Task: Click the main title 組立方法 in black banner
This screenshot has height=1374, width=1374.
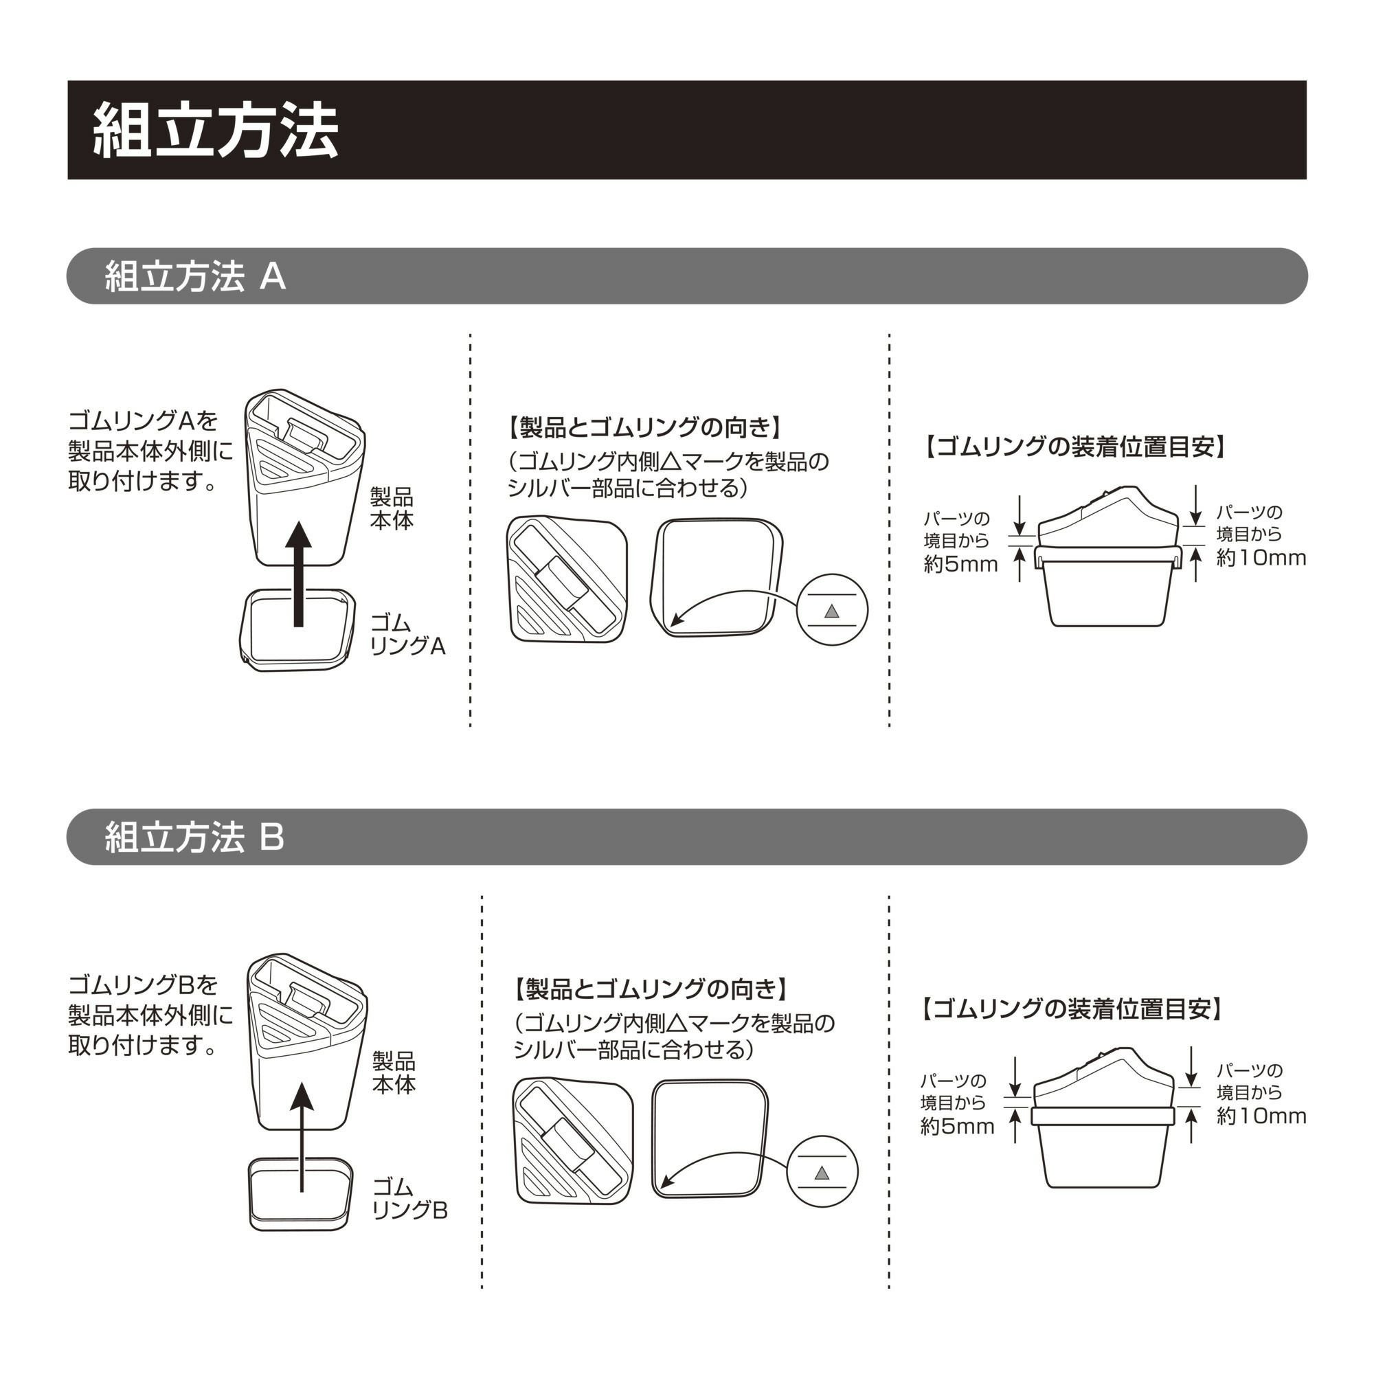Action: click(x=216, y=130)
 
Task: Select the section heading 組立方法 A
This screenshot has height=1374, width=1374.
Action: click(x=195, y=276)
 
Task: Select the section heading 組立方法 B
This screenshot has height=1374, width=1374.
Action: click(x=194, y=836)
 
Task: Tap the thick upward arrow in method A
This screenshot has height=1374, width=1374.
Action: click(x=299, y=573)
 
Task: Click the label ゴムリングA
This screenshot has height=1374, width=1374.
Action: click(x=407, y=634)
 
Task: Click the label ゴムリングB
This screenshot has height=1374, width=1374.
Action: click(x=409, y=1198)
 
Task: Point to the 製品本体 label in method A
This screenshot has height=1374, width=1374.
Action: click(x=391, y=508)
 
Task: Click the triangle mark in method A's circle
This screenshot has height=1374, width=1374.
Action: click(x=831, y=611)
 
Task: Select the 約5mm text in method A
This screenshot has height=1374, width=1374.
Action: click(x=960, y=564)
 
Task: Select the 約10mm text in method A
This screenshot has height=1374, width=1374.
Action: click(x=1260, y=558)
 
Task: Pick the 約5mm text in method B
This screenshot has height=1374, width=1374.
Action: click(x=956, y=1126)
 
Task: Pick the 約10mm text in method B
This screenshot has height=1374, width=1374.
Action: click(x=1261, y=1116)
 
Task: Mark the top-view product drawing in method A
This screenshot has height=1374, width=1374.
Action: click(x=567, y=581)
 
